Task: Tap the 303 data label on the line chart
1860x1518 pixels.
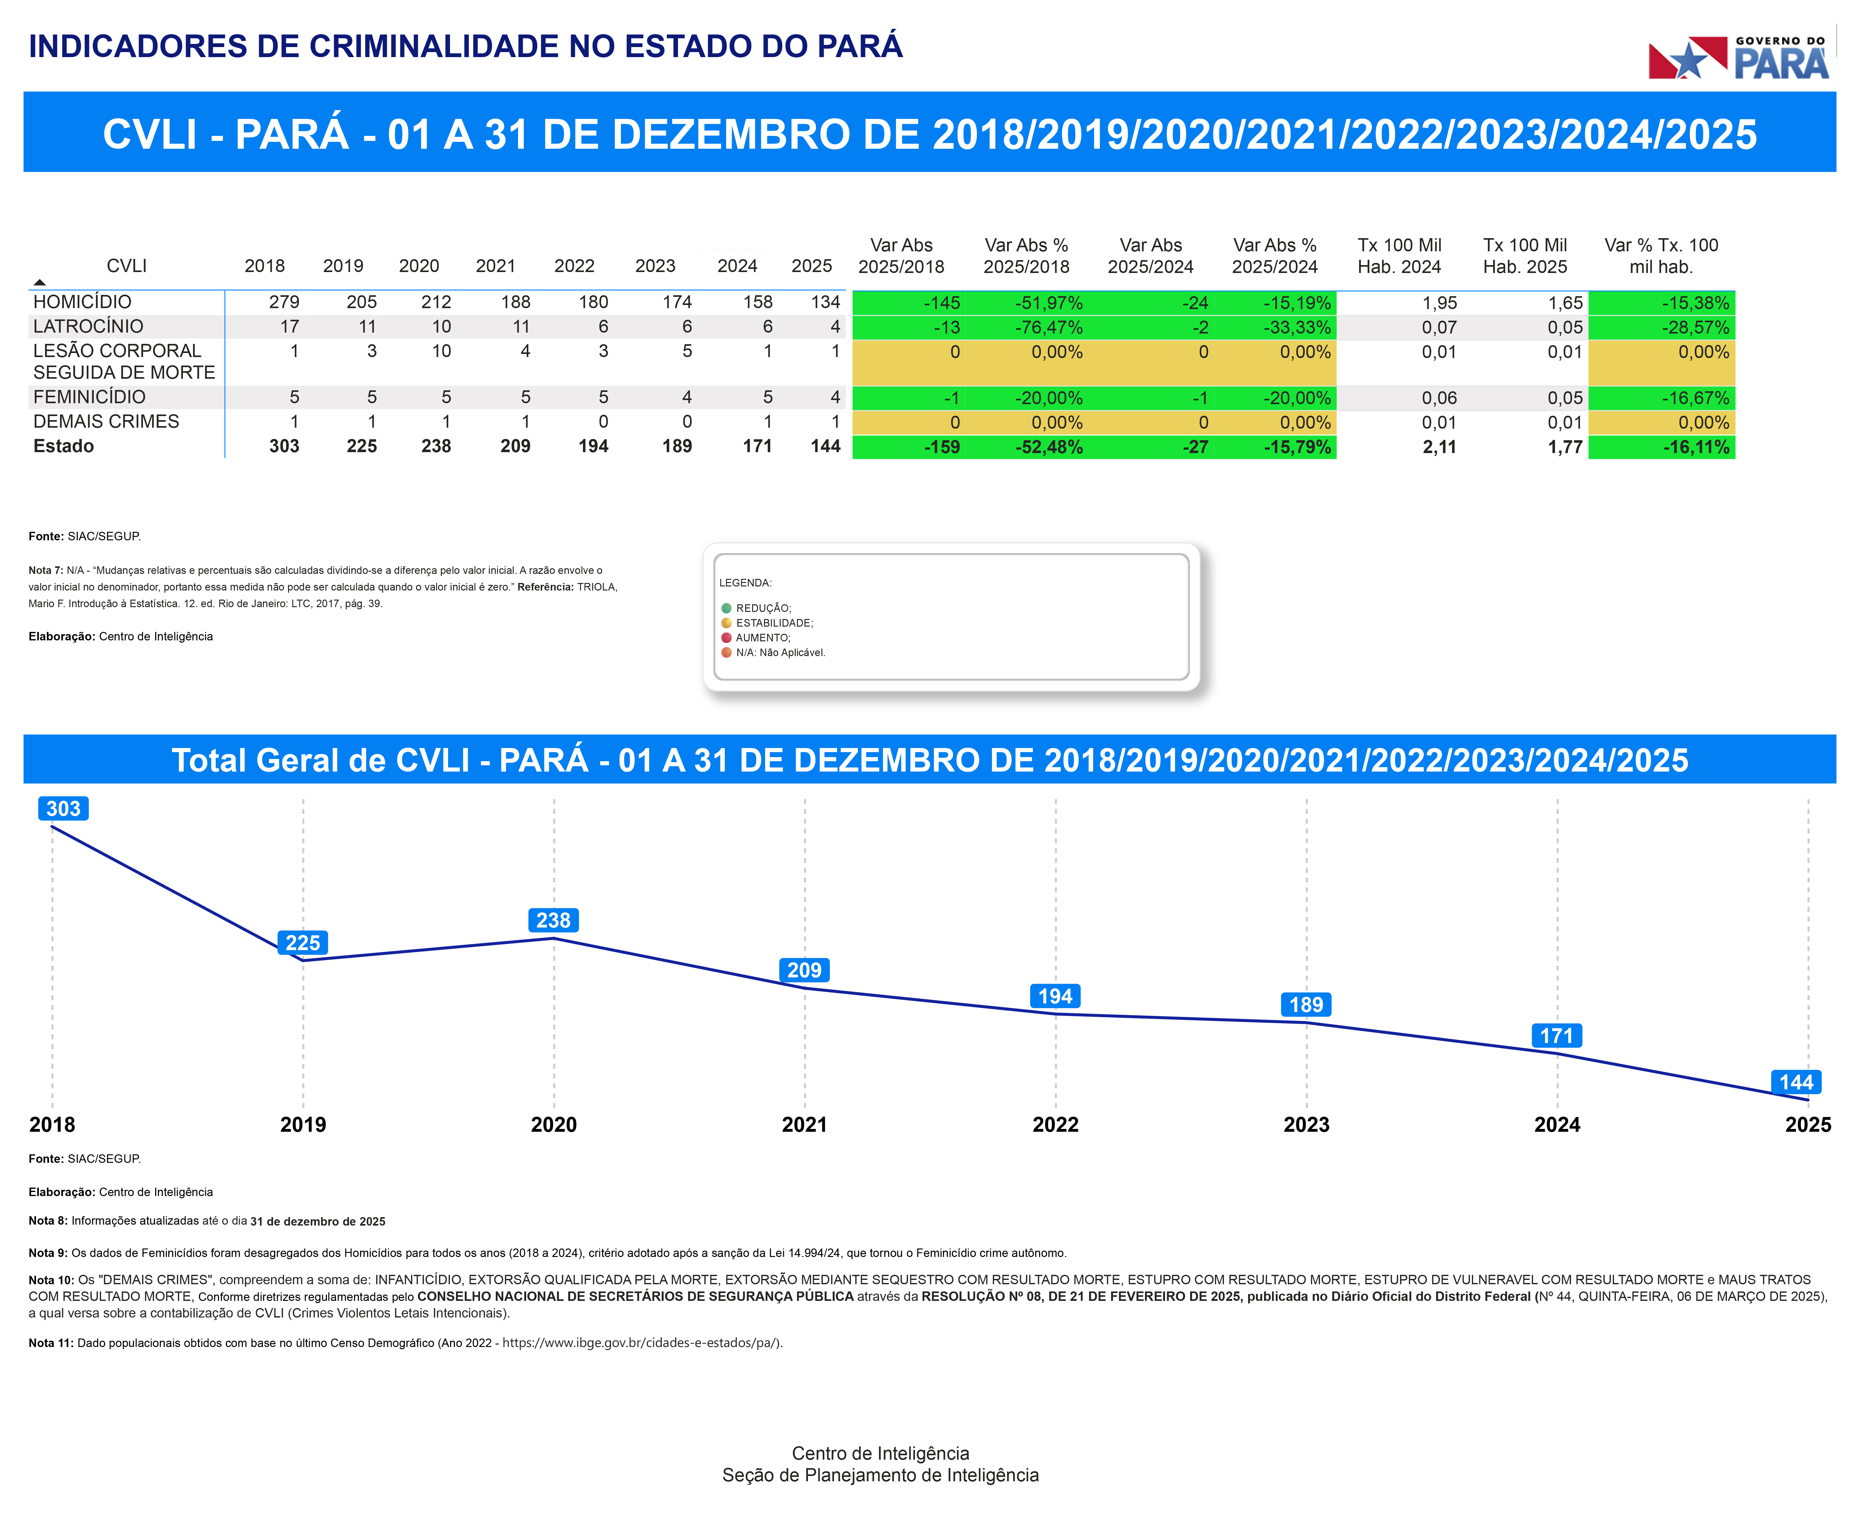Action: (63, 809)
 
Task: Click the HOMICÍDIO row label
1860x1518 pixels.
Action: (82, 302)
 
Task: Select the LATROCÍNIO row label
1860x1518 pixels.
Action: (88, 326)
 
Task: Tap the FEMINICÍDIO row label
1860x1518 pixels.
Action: (89, 397)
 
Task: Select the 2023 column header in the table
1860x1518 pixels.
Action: (655, 266)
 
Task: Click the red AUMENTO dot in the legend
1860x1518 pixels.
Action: (726, 638)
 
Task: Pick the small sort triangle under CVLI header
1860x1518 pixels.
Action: (39, 281)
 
